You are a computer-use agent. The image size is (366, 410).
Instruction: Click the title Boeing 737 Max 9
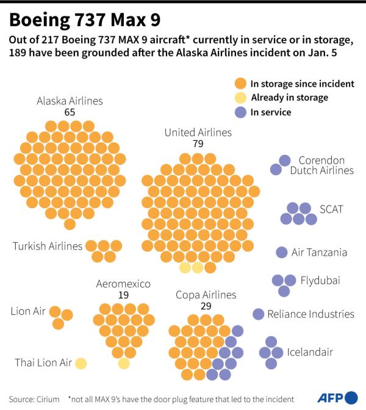coord(85,20)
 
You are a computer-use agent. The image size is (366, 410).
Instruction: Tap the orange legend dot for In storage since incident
coord(240,84)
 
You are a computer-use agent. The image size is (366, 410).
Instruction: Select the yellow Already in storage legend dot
coord(240,98)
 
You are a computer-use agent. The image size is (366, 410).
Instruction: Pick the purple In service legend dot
coord(240,112)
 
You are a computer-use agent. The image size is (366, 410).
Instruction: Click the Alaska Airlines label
coord(70,101)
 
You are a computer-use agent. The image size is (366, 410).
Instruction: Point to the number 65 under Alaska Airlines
coord(70,113)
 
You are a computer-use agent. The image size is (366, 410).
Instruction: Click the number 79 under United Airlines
coord(198,144)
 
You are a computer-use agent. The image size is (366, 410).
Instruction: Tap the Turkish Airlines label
coord(48,246)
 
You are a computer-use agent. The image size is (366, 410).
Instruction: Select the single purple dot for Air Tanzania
coord(282,252)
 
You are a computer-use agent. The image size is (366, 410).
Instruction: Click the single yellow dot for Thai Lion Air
coord(81,363)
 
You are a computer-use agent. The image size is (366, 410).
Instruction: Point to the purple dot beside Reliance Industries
coord(259,314)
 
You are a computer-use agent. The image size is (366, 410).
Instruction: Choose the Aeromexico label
coord(123,284)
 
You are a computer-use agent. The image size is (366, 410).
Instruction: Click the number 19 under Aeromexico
coord(123,295)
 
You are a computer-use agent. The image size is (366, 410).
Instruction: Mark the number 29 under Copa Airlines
coord(206,306)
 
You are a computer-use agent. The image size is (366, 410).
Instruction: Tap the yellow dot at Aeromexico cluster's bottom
coord(124,364)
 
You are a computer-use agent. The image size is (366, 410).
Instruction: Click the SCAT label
coord(332,209)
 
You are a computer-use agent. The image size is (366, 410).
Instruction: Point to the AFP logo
coord(336,398)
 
